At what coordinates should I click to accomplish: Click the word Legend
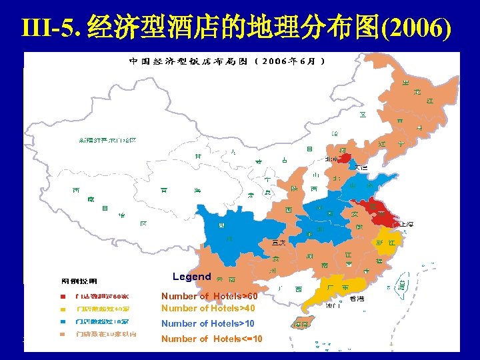pyautogui.click(x=191, y=277)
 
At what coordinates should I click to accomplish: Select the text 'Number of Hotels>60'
pyautogui.click(x=209, y=296)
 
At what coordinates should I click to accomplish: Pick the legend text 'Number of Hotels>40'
pyautogui.click(x=208, y=308)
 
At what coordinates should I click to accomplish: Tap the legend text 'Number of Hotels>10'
pyautogui.click(x=208, y=323)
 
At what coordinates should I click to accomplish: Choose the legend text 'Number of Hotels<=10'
pyautogui.click(x=211, y=339)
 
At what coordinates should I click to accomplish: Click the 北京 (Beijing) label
pyautogui.click(x=331, y=159)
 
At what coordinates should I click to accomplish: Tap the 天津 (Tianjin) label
pyautogui.click(x=361, y=167)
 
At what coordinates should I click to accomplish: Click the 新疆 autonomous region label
pyautogui.click(x=107, y=141)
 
